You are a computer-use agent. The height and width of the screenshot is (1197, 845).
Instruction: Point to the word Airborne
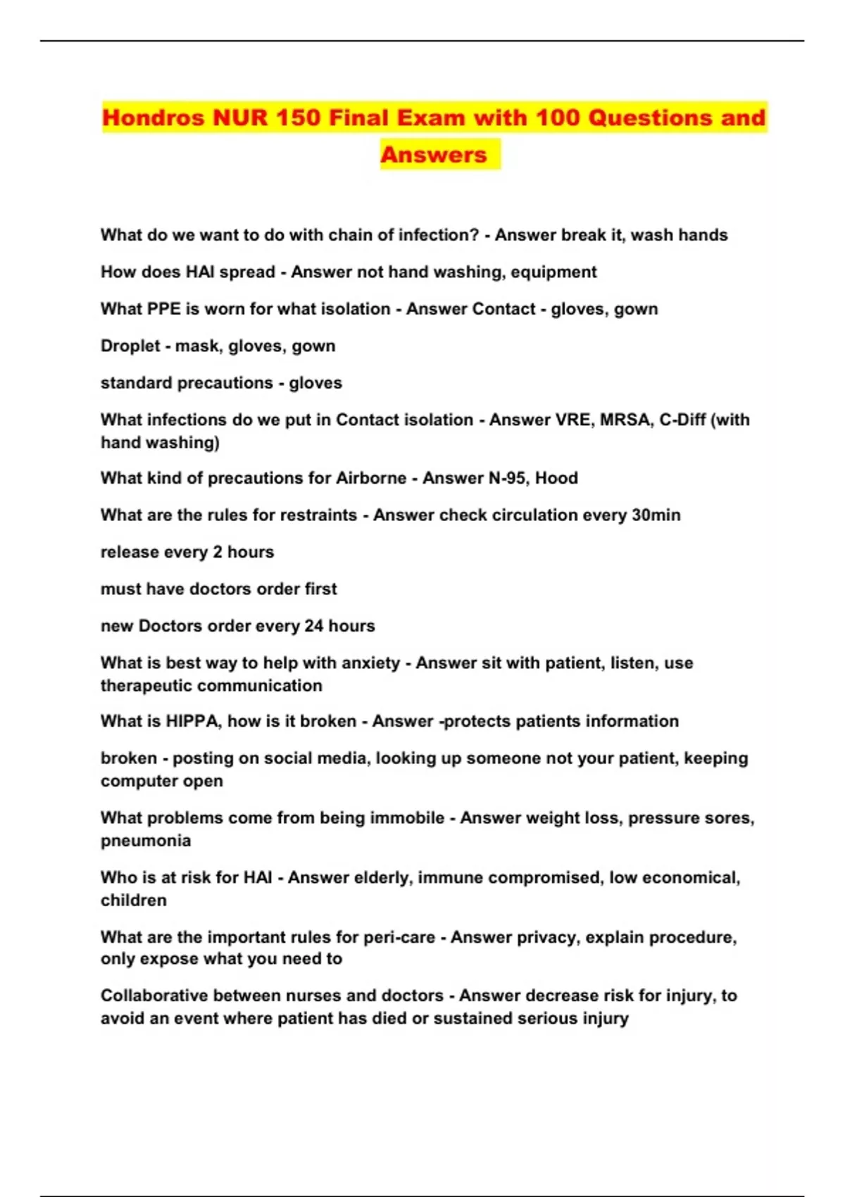(x=371, y=479)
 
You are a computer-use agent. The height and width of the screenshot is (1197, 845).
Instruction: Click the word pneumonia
(x=146, y=841)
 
